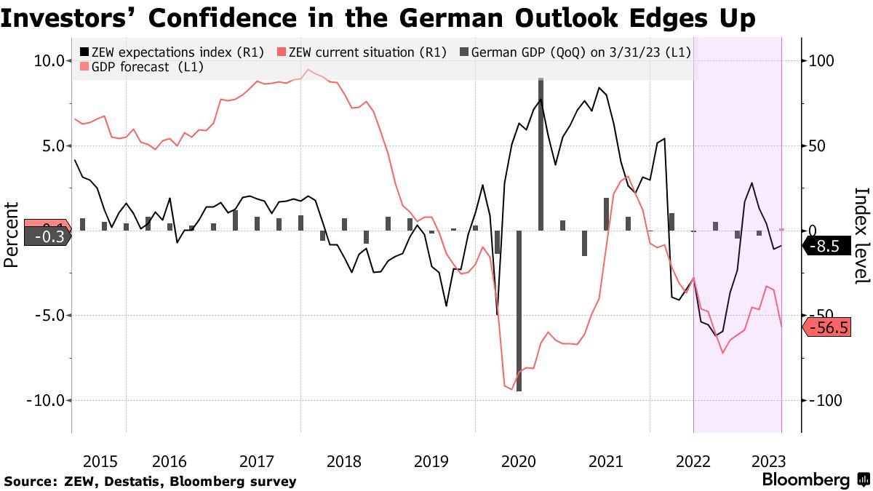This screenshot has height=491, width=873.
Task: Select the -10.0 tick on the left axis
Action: [x=44, y=400]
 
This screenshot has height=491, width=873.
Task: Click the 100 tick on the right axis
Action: [x=821, y=61]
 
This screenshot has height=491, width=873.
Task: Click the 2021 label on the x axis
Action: [x=605, y=461]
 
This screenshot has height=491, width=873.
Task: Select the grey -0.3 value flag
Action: [x=45, y=236]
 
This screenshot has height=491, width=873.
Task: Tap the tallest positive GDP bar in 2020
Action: [x=541, y=153]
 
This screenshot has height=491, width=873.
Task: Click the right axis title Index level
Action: [x=861, y=234]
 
